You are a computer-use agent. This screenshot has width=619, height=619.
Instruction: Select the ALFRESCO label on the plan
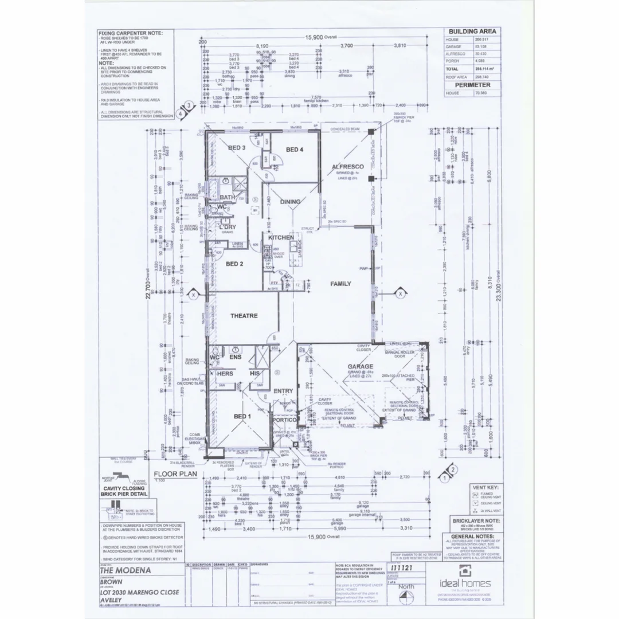point(348,167)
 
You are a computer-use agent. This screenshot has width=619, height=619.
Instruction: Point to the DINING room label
point(290,202)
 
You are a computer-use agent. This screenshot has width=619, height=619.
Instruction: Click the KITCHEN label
point(281,237)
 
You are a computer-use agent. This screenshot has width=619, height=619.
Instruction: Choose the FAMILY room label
point(340,284)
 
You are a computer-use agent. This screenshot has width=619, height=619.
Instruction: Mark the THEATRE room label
point(244,316)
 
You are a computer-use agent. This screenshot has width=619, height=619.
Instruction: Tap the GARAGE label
point(360,366)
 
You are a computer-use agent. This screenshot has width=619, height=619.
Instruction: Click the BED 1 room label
point(242,416)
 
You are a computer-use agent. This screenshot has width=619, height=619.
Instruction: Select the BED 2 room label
point(235,264)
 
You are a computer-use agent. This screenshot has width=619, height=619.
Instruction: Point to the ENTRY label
point(283,391)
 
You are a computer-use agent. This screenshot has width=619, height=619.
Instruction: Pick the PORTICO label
point(284,420)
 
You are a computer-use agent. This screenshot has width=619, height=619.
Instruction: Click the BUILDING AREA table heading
point(472,32)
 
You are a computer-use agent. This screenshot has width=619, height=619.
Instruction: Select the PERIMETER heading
point(472,85)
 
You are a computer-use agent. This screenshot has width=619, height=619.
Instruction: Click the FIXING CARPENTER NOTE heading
point(131,33)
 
